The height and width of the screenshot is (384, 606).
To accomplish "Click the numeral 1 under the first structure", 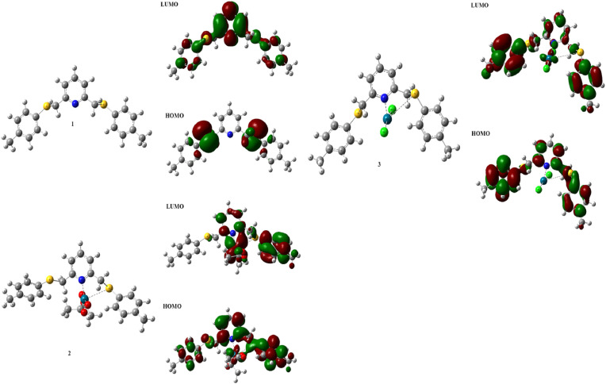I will [x=73, y=125].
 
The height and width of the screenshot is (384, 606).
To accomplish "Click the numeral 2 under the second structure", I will [x=69, y=351].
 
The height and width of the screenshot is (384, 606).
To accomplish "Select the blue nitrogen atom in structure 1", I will [x=75, y=104].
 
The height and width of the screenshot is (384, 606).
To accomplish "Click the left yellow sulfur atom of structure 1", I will [x=47, y=104].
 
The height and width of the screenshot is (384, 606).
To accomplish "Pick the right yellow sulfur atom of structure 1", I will [x=103, y=104].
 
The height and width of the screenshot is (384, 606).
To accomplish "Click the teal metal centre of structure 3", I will [x=386, y=118].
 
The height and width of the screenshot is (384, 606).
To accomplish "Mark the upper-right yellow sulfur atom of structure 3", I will [x=414, y=93].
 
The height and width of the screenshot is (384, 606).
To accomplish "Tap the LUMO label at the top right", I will [x=479, y=6].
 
